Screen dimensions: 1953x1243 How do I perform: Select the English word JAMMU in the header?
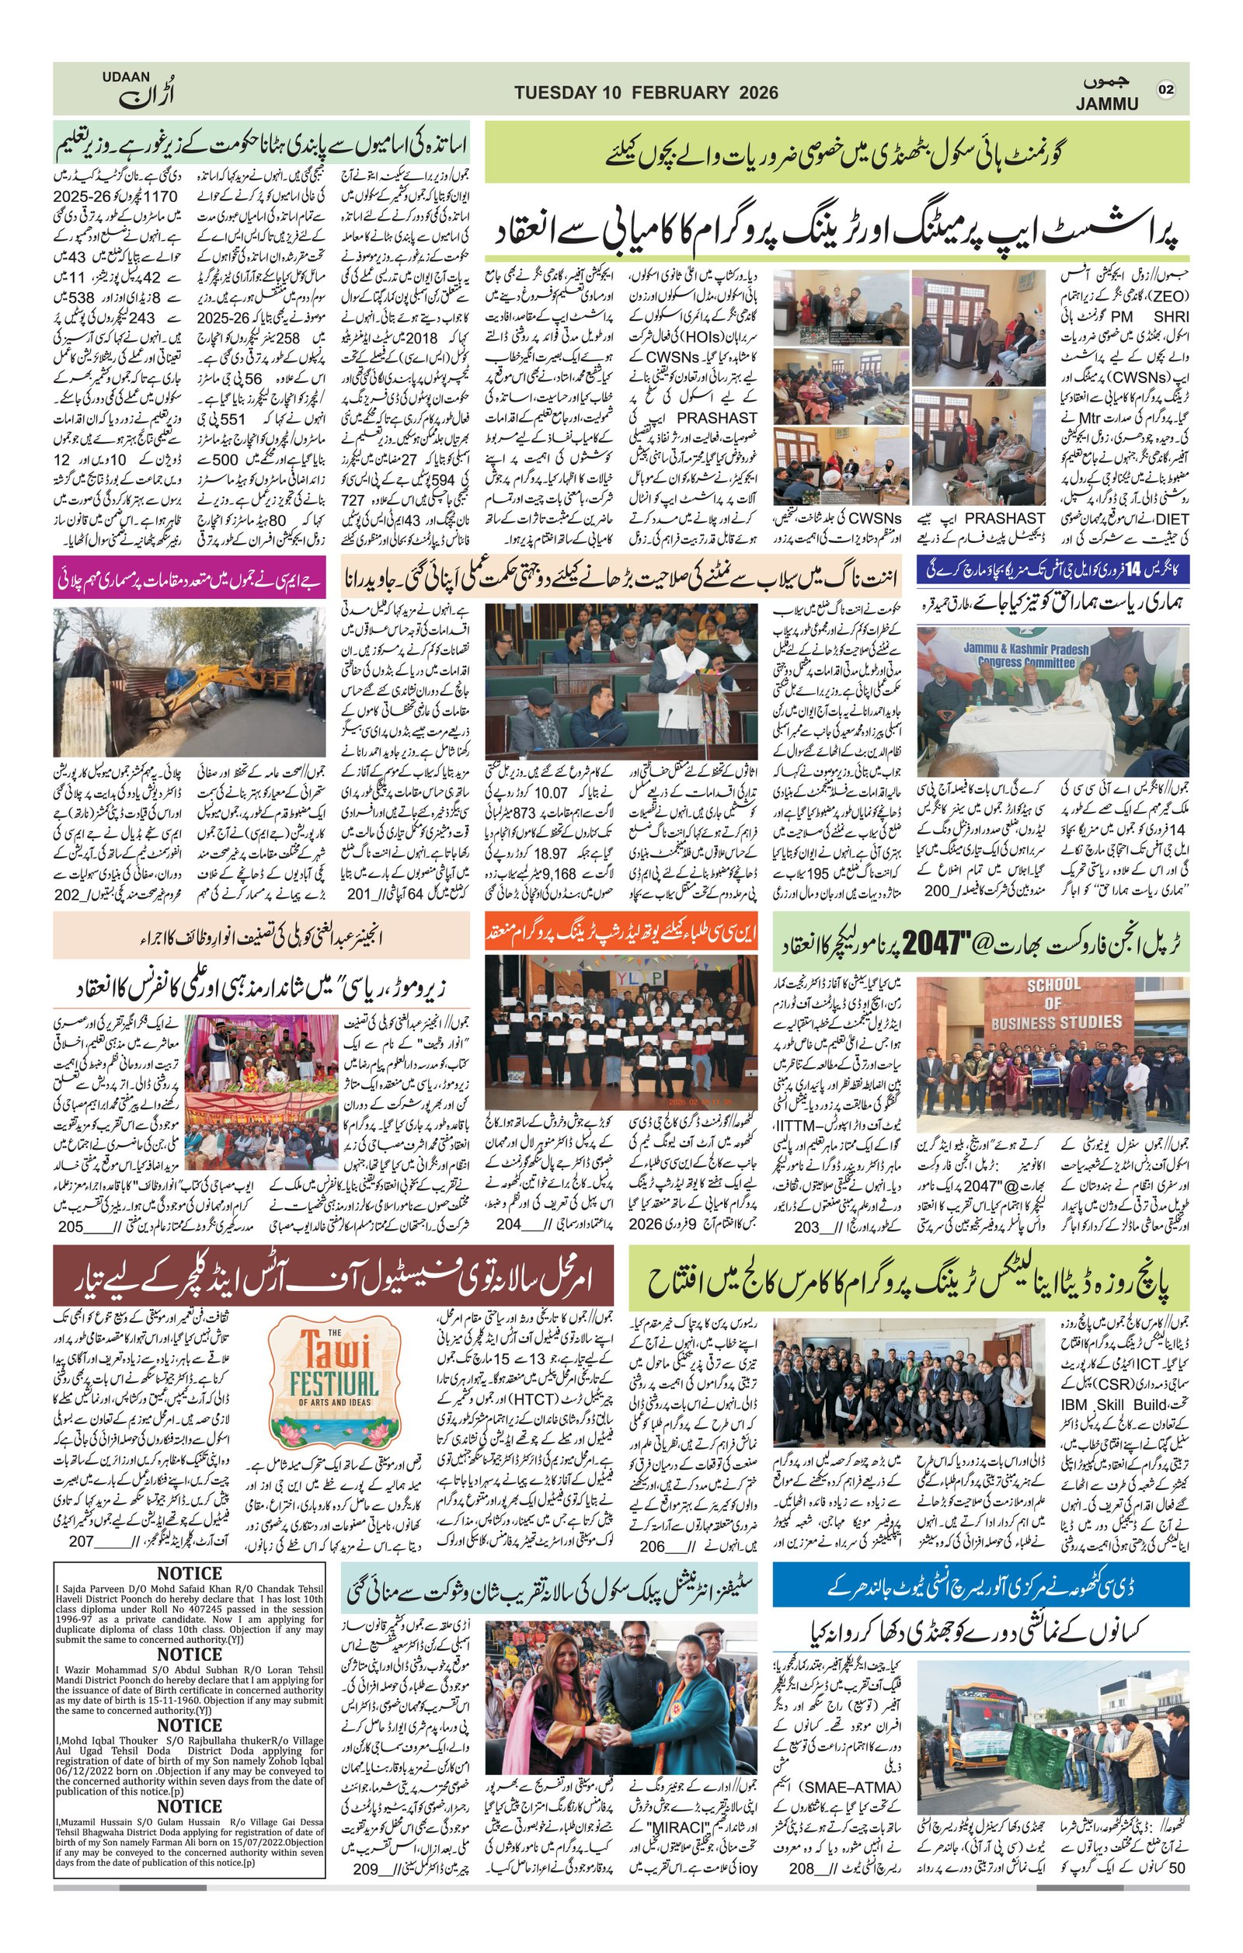click(1107, 104)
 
